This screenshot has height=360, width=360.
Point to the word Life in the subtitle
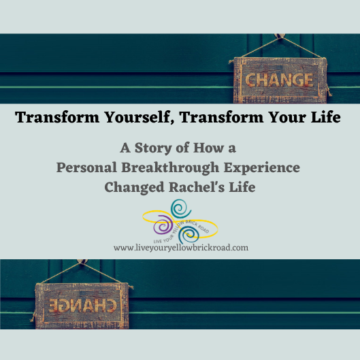click(241, 186)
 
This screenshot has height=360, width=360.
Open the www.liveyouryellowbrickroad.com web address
click(181, 248)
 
